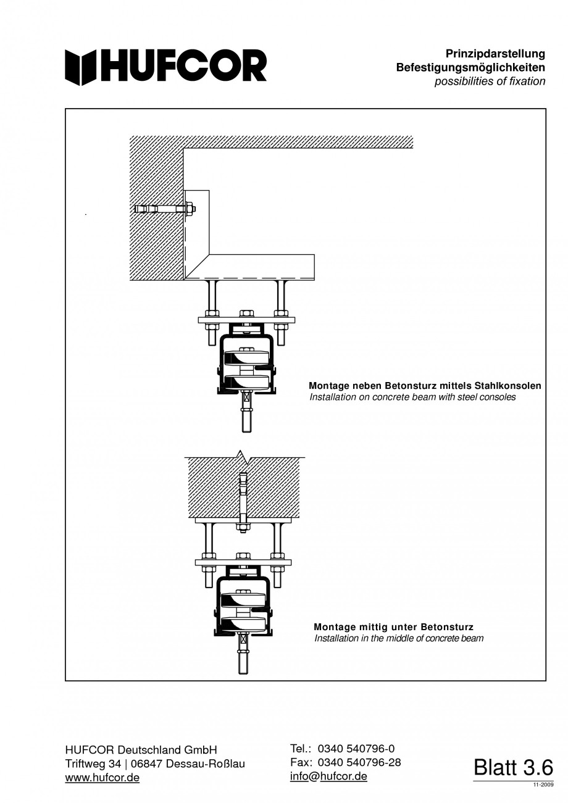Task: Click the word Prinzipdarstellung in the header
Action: tap(495, 54)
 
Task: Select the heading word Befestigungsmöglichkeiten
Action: tap(470, 67)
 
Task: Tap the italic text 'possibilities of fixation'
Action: tap(490, 81)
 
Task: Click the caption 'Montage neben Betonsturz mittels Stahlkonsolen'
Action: tap(425, 386)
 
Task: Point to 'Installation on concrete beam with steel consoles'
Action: tap(413, 397)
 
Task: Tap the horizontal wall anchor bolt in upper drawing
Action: tap(165, 209)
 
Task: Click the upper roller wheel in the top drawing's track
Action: tap(246, 358)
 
